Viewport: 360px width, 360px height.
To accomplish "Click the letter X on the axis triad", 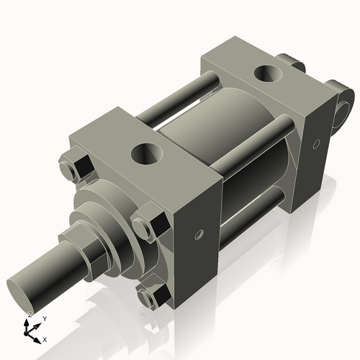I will pos(45,339).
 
